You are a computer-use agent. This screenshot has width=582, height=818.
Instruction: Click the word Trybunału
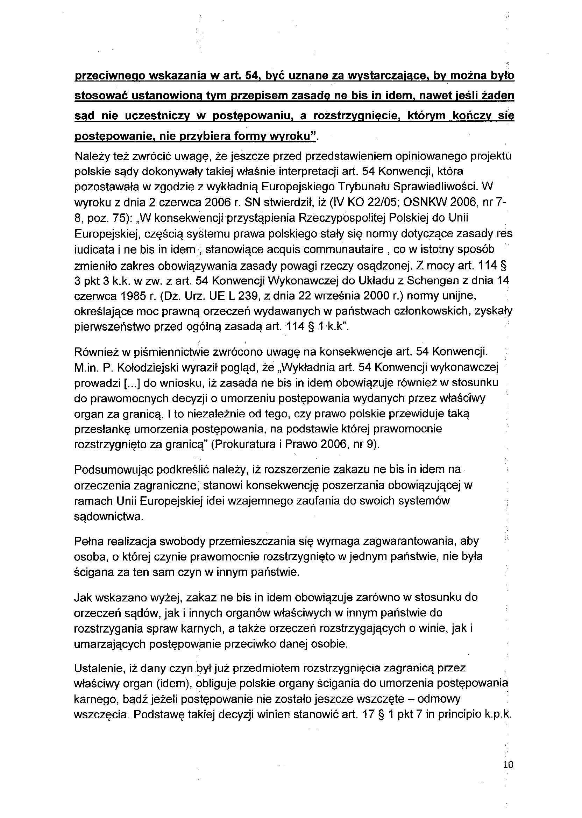pyautogui.click(x=364, y=187)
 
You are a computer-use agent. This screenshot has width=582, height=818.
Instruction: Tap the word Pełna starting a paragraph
pyautogui.click(x=88, y=541)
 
